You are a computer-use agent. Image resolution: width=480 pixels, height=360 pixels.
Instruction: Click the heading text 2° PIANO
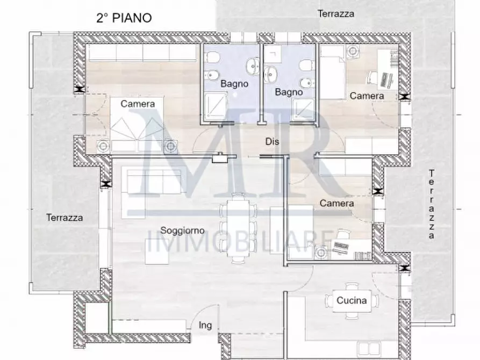pyautogui.click(x=124, y=17)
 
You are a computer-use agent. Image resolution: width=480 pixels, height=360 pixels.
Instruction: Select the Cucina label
pyautogui.click(x=352, y=300)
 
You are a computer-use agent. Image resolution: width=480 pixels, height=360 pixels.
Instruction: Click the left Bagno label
pyautogui.click(x=234, y=84)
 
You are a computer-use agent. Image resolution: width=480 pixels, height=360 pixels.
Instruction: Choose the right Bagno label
pyautogui.click(x=289, y=92)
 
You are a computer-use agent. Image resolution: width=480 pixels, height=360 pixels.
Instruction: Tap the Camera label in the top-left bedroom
pyautogui.click(x=138, y=104)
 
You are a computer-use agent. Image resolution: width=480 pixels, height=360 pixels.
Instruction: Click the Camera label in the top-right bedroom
pyautogui.click(x=367, y=96)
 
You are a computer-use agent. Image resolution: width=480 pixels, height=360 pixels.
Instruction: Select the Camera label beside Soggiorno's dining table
pyautogui.click(x=336, y=204)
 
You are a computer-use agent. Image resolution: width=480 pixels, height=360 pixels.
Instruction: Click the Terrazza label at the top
pyautogui.click(x=336, y=14)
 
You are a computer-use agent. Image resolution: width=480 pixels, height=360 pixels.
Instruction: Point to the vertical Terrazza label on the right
pyautogui.click(x=432, y=204)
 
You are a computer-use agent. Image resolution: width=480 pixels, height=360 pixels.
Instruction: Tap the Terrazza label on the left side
pyautogui.click(x=65, y=218)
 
